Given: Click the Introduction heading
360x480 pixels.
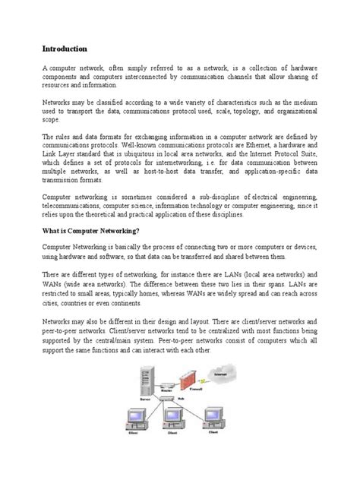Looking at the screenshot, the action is [x=67, y=47].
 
